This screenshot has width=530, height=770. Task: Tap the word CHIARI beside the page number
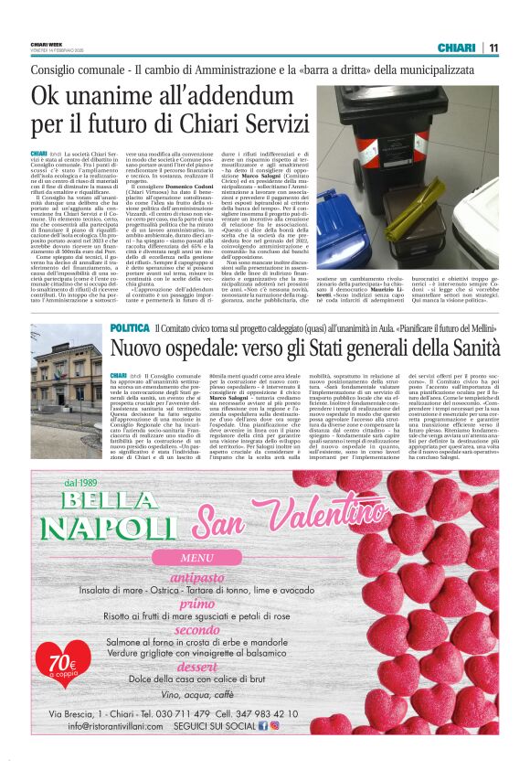click(x=455, y=48)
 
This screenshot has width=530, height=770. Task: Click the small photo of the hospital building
click(x=67, y=359)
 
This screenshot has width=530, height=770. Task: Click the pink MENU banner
click(x=198, y=558)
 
